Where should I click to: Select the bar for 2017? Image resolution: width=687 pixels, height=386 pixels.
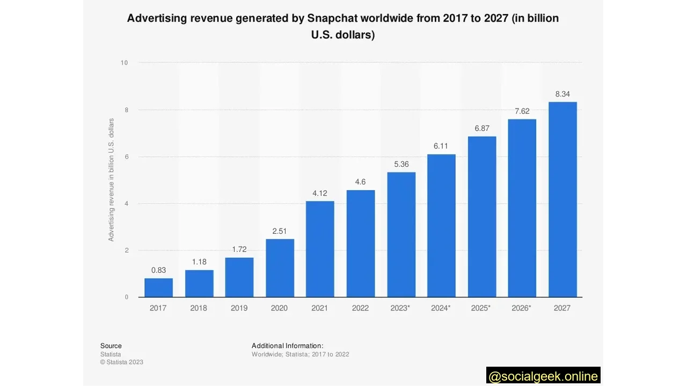(x=158, y=287)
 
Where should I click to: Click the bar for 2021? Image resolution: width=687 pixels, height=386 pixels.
(x=320, y=249)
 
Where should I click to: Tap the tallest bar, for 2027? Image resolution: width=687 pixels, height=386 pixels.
(x=562, y=199)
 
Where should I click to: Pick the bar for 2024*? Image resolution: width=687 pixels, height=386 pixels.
(x=441, y=226)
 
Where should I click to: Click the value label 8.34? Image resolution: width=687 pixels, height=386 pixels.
(x=562, y=94)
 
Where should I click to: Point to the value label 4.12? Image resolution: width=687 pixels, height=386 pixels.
(x=320, y=194)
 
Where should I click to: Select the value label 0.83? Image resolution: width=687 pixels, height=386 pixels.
(x=158, y=271)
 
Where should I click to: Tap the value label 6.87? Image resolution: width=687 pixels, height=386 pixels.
(x=481, y=129)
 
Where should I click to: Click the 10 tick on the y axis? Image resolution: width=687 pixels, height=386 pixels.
(x=124, y=63)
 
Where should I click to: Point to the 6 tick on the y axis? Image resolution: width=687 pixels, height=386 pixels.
(x=126, y=157)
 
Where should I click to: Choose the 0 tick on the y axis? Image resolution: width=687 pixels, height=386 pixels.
(x=126, y=297)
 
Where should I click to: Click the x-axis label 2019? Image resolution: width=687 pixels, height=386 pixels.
(x=239, y=308)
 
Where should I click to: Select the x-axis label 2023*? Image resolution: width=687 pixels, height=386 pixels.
(x=401, y=308)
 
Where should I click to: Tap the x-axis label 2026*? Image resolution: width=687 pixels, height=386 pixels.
(x=522, y=308)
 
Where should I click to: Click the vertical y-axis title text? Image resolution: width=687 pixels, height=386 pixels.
(x=111, y=180)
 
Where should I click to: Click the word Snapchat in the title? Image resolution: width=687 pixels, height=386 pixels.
(x=332, y=18)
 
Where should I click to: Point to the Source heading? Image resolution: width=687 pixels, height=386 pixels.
(x=111, y=346)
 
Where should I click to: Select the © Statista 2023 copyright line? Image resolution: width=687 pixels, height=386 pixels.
(x=122, y=362)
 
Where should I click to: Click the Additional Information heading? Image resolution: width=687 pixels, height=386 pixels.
(x=287, y=346)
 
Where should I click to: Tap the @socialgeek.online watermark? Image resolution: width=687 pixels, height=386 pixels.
(x=543, y=376)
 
